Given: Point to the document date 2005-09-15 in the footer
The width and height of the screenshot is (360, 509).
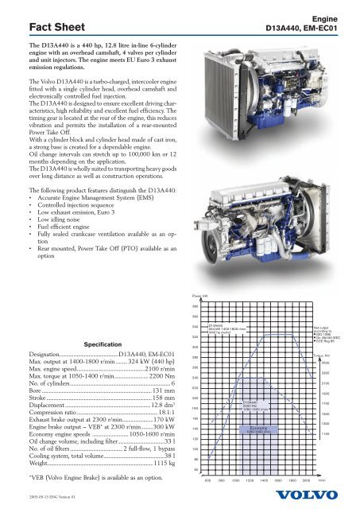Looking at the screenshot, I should [x=44, y=499].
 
